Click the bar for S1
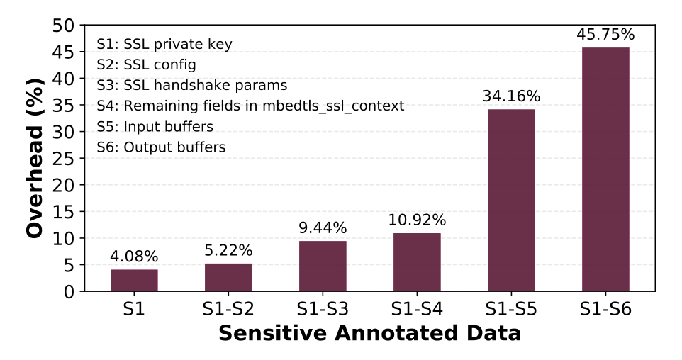[x=134, y=280]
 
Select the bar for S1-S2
[x=228, y=277]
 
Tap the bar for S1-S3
[x=323, y=266]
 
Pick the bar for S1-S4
[x=417, y=261]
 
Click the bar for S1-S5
[x=511, y=200]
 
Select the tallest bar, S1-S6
[x=605, y=169]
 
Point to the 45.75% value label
[x=605, y=34]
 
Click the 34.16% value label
[x=511, y=96]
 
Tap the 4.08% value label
[x=134, y=256]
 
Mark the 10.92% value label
[x=417, y=220]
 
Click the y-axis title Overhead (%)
[x=35, y=158]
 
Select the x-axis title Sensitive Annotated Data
[x=369, y=334]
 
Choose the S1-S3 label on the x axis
[x=323, y=310]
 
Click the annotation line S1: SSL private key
[x=164, y=45]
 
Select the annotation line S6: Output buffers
[x=161, y=147]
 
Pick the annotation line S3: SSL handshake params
[x=191, y=86]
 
